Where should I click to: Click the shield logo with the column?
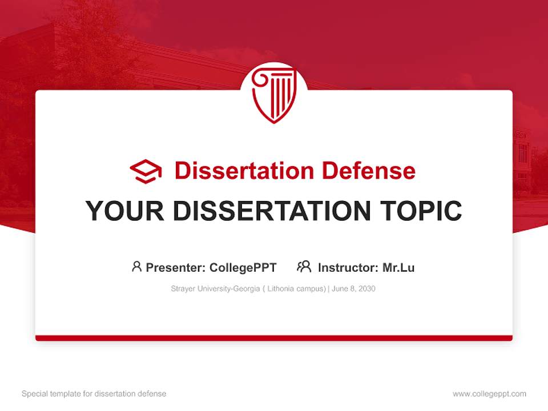[274, 94]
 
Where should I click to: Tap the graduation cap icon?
[146, 171]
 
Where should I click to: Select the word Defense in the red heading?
[368, 171]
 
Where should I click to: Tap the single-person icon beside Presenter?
[136, 267]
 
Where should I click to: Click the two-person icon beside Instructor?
[304, 267]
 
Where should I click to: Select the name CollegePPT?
[243, 268]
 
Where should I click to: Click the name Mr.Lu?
[398, 268]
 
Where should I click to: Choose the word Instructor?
[348, 268]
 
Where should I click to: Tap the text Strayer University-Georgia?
[215, 289]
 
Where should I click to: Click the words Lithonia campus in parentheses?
[295, 289]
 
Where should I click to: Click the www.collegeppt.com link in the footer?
[489, 394]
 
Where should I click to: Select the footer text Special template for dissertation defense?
[94, 394]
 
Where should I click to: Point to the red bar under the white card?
[274, 338]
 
